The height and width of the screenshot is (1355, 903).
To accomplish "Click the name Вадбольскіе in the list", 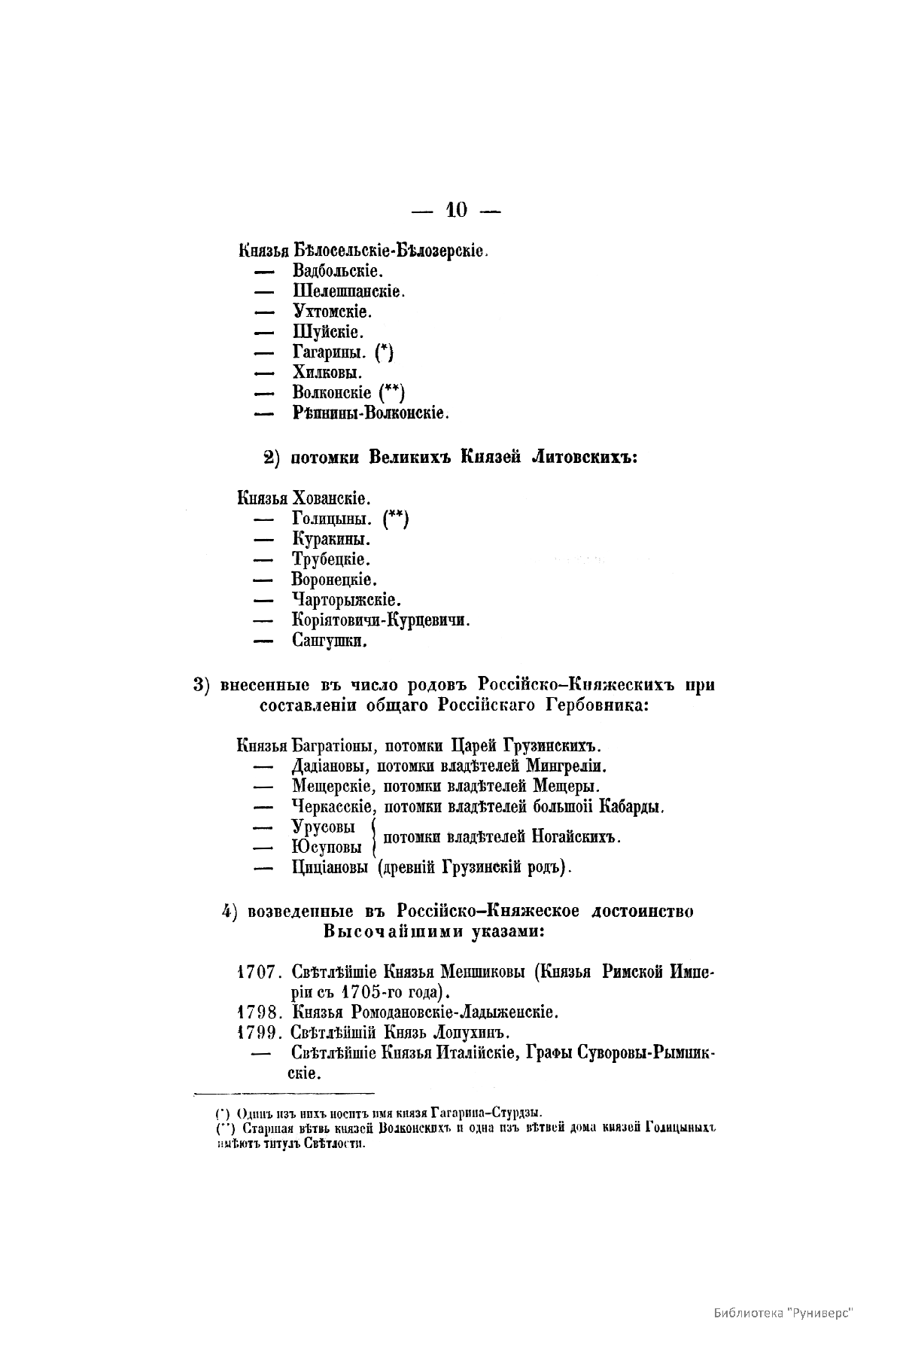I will [337, 270].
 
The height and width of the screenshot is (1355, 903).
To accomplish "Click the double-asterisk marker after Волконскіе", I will [392, 392].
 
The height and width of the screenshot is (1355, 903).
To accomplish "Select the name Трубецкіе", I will [330, 559].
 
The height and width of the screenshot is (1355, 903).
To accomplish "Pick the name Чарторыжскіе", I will [346, 600].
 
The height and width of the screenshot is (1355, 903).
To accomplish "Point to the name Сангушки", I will [329, 641].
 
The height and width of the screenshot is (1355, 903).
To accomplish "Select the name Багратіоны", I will [333, 747].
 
